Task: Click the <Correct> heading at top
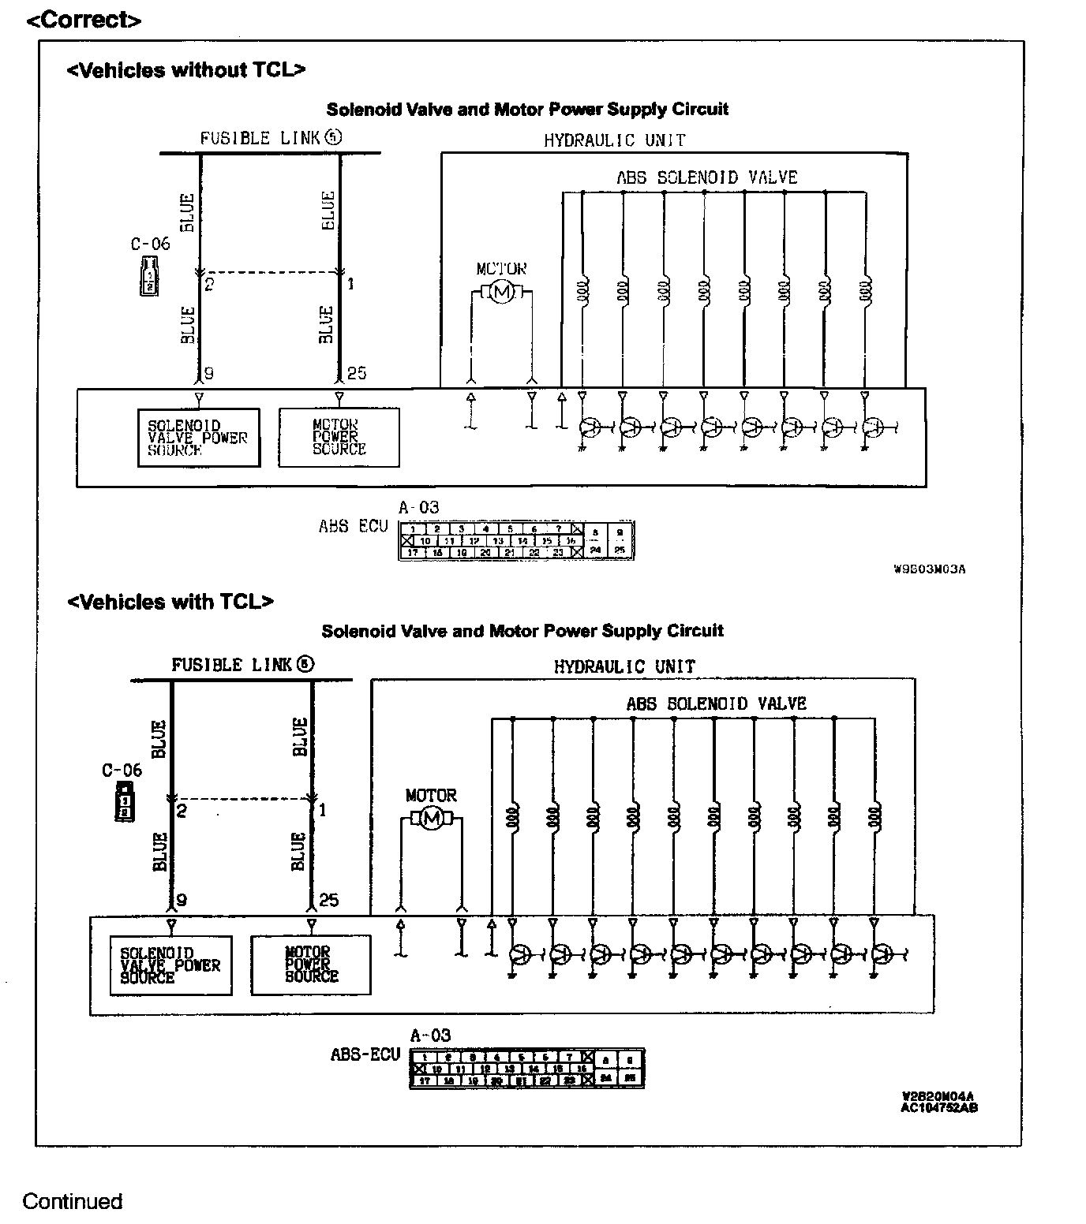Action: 84,20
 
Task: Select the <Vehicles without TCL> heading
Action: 185,70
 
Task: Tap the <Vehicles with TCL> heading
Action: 170,602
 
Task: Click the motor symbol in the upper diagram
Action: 501,293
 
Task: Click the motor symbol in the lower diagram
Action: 431,819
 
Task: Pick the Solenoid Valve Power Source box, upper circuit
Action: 198,438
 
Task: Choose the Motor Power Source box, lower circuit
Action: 310,965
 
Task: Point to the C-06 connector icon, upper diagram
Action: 149,275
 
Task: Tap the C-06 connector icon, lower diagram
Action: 123,802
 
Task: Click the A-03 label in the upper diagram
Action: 418,507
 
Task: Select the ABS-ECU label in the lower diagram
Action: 365,1054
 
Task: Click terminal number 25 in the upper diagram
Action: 357,373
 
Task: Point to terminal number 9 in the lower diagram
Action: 181,900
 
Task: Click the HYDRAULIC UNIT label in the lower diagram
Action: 624,666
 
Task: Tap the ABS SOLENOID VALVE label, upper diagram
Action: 706,177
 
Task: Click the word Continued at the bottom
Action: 72,1201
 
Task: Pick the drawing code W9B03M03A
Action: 929,569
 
